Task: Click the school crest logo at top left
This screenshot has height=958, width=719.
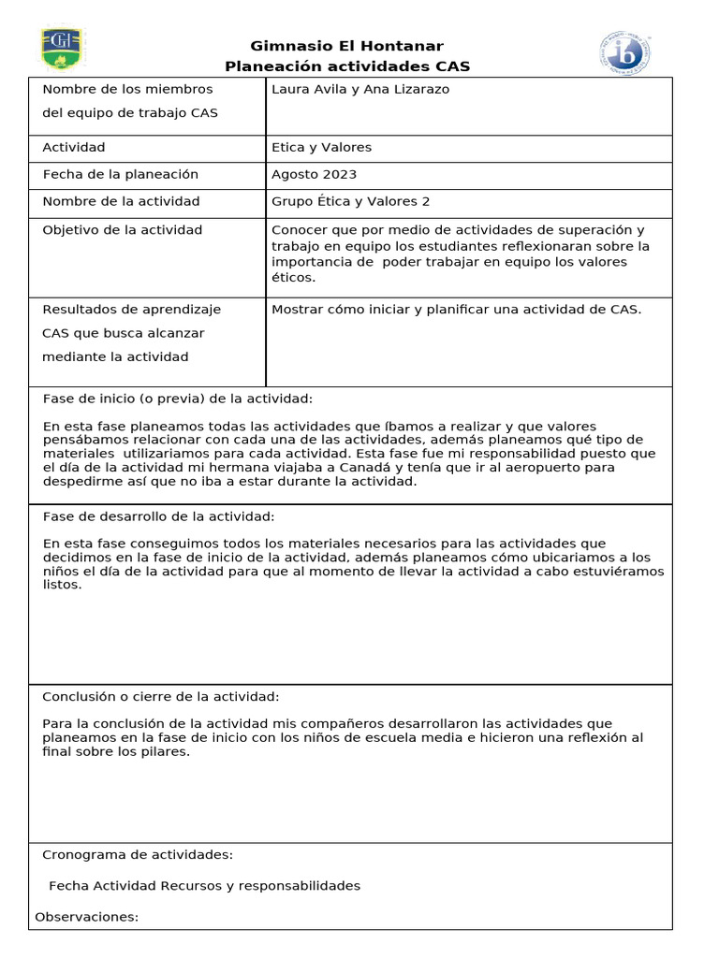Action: [x=62, y=49]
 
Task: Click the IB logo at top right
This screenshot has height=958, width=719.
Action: [x=625, y=53]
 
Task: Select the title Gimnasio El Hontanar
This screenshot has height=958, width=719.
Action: [x=347, y=46]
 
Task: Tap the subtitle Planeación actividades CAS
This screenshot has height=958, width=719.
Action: [x=347, y=66]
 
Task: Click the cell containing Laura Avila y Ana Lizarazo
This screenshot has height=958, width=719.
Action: [x=359, y=90]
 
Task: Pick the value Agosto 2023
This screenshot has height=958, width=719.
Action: [x=314, y=175]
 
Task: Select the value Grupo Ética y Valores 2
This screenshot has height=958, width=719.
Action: [x=350, y=202]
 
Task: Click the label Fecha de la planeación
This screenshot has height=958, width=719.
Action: [x=121, y=175]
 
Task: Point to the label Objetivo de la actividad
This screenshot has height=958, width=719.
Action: [x=122, y=230]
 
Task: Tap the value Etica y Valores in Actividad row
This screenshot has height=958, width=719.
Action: [x=321, y=148]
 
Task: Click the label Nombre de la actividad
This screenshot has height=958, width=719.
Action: [x=121, y=202]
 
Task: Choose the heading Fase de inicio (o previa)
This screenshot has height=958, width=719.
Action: [x=178, y=399]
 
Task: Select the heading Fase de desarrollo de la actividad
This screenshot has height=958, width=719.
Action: [x=158, y=516]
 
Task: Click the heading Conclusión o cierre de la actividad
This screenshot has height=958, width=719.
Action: [x=160, y=697]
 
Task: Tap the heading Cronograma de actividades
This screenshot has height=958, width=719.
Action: [x=138, y=855]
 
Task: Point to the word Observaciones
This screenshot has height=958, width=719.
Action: [x=86, y=917]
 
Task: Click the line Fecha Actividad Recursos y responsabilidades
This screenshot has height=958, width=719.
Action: [x=204, y=886]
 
